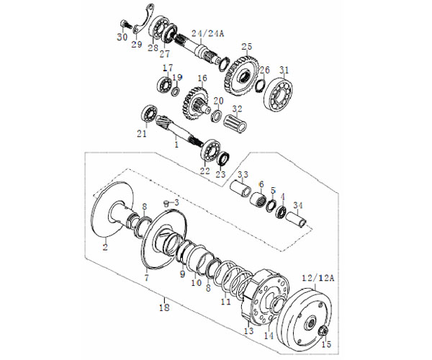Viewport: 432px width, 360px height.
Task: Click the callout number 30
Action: coord(122,37)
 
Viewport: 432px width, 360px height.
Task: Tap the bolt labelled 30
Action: coord(125,24)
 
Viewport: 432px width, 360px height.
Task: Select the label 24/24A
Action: coord(208,34)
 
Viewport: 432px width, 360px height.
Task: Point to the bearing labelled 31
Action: coord(278,93)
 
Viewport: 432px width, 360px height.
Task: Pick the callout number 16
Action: coord(202,78)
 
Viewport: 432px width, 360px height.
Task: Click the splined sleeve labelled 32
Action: coord(236,123)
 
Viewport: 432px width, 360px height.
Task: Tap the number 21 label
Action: coord(142,134)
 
